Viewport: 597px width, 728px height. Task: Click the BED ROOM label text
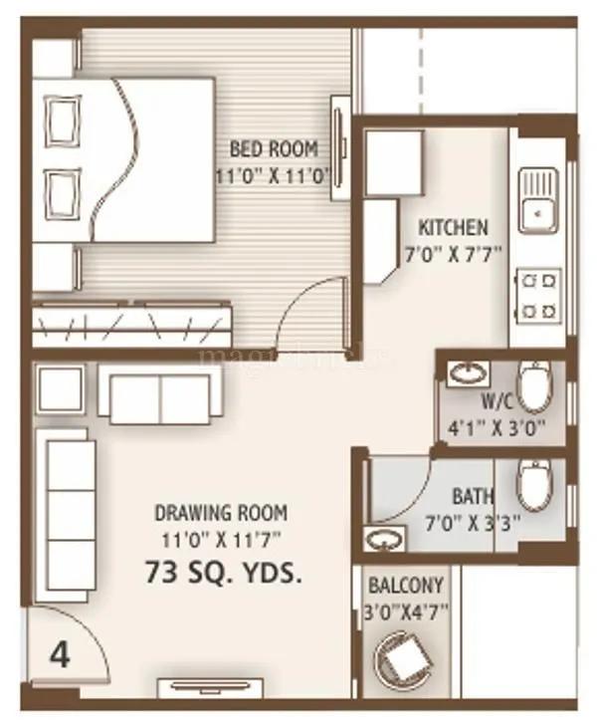[274, 149]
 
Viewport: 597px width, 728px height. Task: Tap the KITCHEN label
[453, 226]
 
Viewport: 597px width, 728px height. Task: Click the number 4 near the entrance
[60, 657]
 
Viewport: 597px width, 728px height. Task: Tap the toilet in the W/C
[534, 386]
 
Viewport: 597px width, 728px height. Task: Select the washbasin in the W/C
[466, 373]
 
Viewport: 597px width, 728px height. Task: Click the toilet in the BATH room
[534, 484]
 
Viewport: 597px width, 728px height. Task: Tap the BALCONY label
[406, 586]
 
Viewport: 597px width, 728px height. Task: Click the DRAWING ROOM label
[221, 514]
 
